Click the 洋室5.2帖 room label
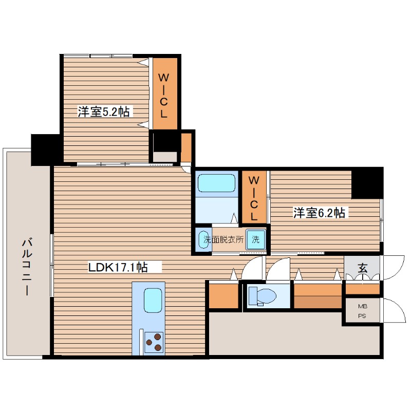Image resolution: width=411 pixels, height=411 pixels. click(104, 111)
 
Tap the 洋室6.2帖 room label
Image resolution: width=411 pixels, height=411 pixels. click(319, 213)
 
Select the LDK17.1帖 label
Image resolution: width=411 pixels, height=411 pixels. click(118, 267)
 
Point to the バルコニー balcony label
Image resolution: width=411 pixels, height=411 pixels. click(27, 267)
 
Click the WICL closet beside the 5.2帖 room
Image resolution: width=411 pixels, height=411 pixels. click(165, 94)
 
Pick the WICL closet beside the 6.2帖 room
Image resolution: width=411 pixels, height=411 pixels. click(254, 197)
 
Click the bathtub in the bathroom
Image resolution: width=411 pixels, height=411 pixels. click(216, 183)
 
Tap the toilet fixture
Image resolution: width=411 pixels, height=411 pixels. click(263, 296)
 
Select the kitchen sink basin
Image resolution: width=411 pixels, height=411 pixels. click(153, 301)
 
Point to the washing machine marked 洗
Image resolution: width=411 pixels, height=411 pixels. click(255, 239)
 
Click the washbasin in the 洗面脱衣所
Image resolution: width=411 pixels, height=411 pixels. click(204, 240)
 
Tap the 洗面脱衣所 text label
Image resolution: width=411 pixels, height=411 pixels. click(223, 239)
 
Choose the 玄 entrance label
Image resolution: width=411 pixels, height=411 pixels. click(363, 268)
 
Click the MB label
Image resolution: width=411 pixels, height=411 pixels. click(363, 306)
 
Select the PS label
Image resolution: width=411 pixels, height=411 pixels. click(362, 316)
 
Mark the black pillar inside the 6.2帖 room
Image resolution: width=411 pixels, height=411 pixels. click(367, 183)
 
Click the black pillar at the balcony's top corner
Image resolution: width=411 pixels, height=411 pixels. click(46, 150)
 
